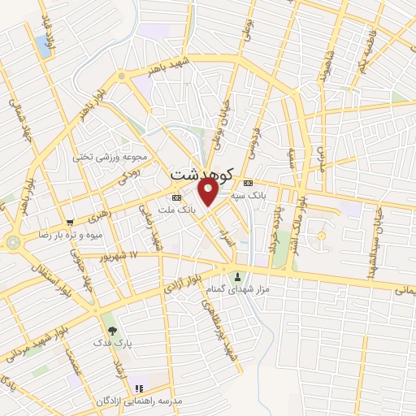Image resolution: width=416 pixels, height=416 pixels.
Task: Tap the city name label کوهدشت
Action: (x=202, y=173)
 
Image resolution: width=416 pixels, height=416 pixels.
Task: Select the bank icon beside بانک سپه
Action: (x=248, y=182)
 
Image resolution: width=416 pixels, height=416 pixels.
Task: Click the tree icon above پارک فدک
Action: (x=111, y=331)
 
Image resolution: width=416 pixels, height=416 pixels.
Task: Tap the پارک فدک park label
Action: (x=112, y=344)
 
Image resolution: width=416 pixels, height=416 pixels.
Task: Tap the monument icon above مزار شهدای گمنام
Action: (x=238, y=275)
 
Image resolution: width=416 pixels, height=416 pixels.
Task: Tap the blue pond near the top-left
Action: (x=41, y=45)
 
